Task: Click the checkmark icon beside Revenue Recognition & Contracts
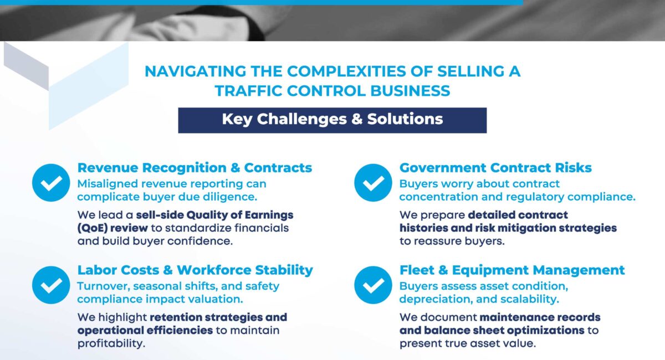[51, 183]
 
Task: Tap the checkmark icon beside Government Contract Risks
[373, 183]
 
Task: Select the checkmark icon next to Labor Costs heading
[51, 285]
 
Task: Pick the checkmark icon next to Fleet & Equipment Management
[373, 285]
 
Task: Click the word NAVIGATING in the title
[195, 71]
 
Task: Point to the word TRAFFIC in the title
[248, 91]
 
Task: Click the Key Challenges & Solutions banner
[332, 120]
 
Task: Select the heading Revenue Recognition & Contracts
[195, 168]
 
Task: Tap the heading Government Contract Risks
[495, 168]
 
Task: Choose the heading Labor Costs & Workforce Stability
[195, 270]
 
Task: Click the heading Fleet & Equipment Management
[512, 270]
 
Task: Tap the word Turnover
[104, 286]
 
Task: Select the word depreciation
[436, 300]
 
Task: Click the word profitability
[111, 344]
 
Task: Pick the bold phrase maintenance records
[540, 317]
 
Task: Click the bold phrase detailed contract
[518, 215]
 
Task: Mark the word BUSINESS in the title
[410, 91]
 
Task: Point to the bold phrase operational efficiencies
[145, 331]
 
